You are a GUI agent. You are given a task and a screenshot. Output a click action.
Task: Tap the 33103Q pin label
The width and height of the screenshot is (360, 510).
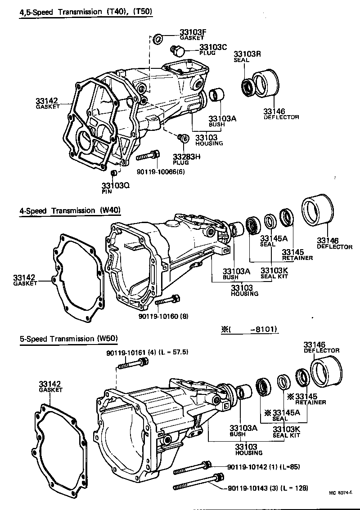(115, 188)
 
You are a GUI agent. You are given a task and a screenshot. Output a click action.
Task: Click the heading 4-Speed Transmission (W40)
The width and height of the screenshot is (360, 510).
(70, 210)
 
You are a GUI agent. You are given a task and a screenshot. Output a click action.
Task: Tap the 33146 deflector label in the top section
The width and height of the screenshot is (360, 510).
(275, 113)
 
